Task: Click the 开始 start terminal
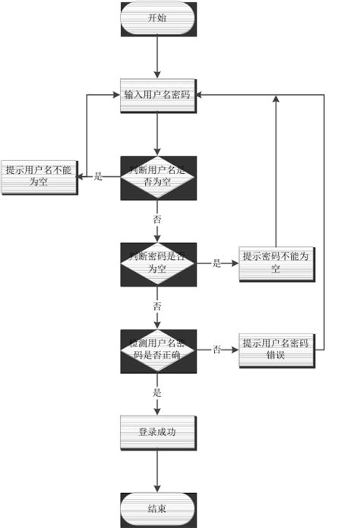158,19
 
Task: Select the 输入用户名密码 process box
158,96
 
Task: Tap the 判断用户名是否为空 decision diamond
158,178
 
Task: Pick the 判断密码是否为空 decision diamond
158,264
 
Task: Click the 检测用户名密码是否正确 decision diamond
158,349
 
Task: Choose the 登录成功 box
158,433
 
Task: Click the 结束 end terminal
158,508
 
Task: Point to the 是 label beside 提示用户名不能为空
98,177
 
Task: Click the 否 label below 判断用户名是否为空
158,219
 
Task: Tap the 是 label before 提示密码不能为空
216,264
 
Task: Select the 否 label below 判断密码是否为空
158,306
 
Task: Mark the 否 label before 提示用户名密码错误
216,350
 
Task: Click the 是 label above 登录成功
158,393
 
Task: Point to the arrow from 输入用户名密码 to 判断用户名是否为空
158,134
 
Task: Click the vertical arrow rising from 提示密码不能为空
276,175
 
